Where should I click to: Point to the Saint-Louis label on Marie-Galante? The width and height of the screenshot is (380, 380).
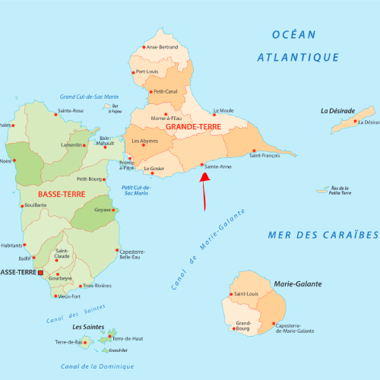click(249, 294)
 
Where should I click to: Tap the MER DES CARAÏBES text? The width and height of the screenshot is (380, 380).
click(322, 235)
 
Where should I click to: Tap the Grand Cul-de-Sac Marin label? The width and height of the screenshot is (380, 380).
click(90, 97)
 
